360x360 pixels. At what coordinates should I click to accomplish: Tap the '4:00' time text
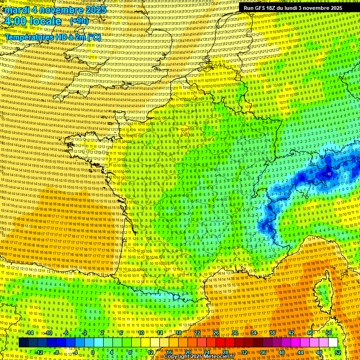15,21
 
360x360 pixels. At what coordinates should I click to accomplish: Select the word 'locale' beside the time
45,21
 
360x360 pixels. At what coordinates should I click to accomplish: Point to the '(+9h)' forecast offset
78,21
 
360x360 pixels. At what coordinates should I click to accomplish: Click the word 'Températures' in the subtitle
28,37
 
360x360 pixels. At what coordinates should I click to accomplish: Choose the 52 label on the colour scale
338,352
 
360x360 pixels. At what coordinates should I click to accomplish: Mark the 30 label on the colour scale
235,333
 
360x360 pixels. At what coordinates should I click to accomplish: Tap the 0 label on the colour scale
93,352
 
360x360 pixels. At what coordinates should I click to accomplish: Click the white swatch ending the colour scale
333,343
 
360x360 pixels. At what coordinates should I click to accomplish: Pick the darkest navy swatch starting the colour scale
24,343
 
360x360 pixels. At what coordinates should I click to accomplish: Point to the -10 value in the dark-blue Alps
329,174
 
